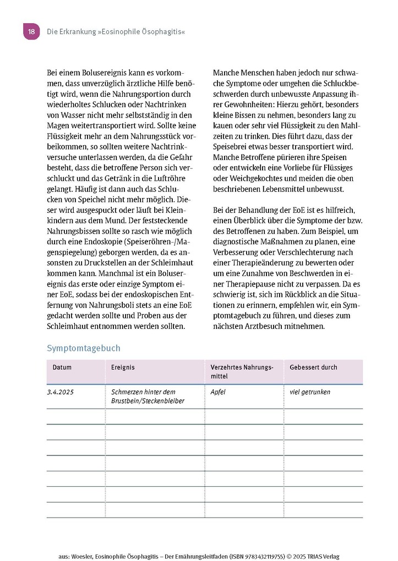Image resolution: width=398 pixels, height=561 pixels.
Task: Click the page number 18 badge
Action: coord(31,32)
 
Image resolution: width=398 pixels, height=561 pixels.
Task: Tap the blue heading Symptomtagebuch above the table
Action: coord(83,348)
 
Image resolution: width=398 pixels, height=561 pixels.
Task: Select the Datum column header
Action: coord(62,367)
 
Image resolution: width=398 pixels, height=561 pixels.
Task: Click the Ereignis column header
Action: coord(123,367)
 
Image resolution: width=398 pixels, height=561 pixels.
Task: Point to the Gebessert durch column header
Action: coord(313,367)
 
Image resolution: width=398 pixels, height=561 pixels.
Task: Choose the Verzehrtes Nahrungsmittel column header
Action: coord(242,372)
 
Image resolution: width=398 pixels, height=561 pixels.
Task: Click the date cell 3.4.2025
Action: coord(61,392)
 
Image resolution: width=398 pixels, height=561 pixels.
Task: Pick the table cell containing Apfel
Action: coord(218,392)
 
